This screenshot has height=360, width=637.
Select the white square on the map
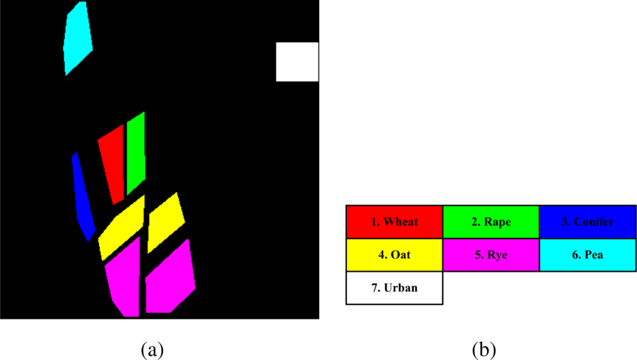(x=297, y=62)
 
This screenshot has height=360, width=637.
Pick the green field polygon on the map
(x=135, y=153)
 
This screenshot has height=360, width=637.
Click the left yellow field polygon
(x=124, y=228)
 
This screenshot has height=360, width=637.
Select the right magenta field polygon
(x=169, y=279)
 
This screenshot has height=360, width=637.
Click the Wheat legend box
(x=394, y=222)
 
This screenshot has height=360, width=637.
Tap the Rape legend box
(x=491, y=222)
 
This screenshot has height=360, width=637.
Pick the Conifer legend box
(x=587, y=222)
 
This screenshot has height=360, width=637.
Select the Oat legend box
(x=394, y=255)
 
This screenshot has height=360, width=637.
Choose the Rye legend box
(x=491, y=255)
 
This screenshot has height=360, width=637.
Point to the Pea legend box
(x=587, y=255)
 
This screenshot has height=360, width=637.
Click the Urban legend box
(x=394, y=288)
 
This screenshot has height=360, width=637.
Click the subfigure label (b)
(x=483, y=349)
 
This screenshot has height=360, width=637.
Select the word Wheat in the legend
(x=401, y=222)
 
